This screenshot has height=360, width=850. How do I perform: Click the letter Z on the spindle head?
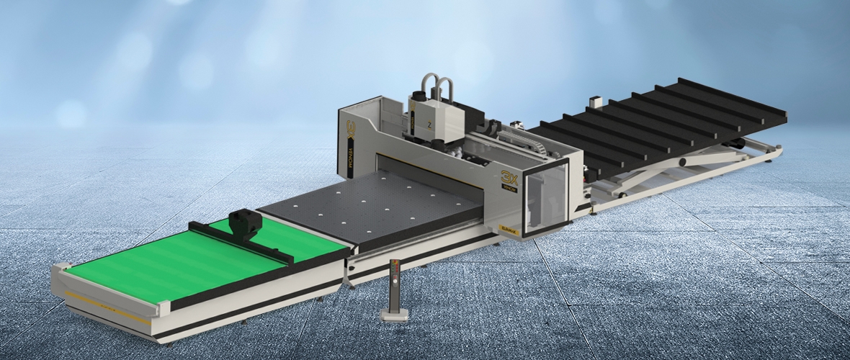click(x=430, y=124)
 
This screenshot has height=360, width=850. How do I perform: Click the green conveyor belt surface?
click(x=180, y=259)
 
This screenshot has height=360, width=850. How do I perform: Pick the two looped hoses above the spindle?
click(x=437, y=86)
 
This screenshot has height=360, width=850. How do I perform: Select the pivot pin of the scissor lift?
click(x=682, y=163)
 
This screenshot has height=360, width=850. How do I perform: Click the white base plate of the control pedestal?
click(x=395, y=314)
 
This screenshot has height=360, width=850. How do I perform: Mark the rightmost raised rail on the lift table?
click(x=731, y=96)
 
